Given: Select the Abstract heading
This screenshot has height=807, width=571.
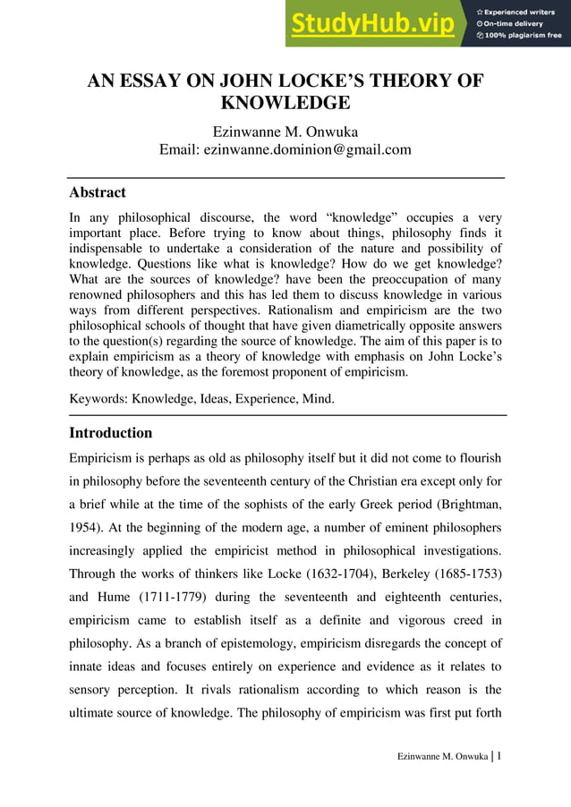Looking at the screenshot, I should point(98,192).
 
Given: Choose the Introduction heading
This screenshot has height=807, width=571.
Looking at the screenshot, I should point(111,433).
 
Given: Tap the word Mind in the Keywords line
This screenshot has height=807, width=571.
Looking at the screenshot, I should point(317,398).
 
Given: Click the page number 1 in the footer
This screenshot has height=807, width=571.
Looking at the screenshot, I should point(499,756).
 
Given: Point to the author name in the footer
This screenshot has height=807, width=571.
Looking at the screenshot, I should point(442,758).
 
